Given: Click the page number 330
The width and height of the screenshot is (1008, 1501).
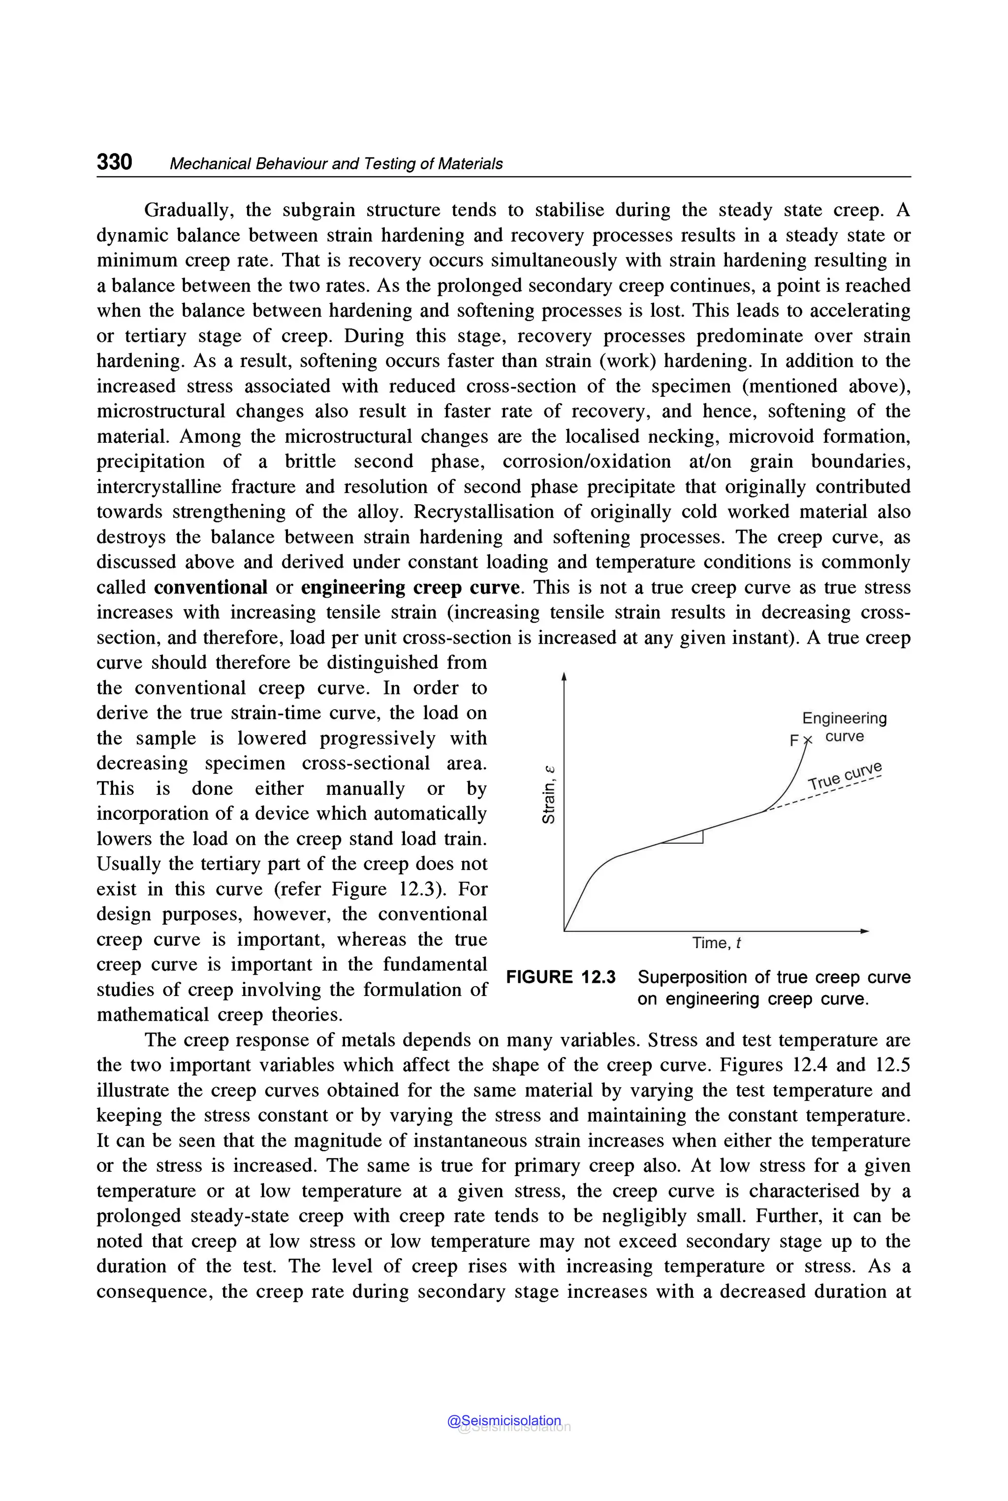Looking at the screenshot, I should click(114, 161).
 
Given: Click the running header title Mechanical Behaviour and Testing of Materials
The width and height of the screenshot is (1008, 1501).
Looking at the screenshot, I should click(336, 164).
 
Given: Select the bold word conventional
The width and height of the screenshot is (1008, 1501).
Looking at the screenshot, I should click(210, 588).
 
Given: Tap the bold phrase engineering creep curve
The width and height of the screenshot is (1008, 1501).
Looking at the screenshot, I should click(409, 588).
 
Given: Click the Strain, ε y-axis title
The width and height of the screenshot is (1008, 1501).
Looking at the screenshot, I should click(548, 794).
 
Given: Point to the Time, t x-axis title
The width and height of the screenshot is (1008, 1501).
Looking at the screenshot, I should click(716, 943).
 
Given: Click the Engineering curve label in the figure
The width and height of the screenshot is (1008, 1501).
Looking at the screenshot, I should click(844, 727).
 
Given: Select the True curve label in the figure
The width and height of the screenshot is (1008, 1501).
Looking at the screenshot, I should click(845, 776).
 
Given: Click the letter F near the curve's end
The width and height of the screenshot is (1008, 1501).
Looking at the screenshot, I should click(794, 741).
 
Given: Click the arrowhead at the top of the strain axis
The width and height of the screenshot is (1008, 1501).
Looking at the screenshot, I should click(564, 676).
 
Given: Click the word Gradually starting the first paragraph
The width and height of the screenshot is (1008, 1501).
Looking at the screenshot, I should click(187, 210).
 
